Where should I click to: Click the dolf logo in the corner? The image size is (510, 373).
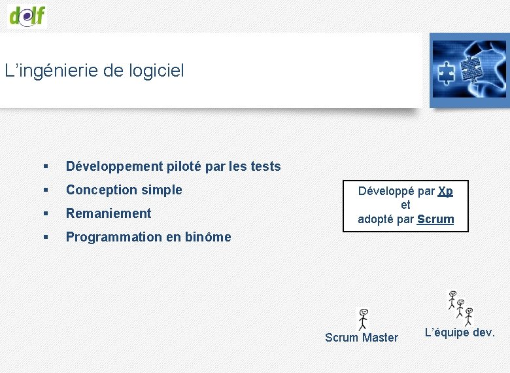click(27, 14)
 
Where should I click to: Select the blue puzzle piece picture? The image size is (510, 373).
click(469, 69)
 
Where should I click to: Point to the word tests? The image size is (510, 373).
click(265, 166)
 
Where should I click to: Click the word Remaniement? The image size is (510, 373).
click(109, 213)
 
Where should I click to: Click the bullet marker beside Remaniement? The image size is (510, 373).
click(45, 213)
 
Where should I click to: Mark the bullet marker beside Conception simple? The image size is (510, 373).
click(45, 190)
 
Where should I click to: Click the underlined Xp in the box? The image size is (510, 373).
click(445, 191)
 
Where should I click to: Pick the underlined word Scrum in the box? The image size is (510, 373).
click(435, 219)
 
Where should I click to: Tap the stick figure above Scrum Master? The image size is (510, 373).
click(363, 319)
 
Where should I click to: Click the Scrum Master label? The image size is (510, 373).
click(362, 338)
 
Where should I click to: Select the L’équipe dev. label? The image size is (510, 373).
click(460, 332)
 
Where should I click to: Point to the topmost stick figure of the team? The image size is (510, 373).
click(452, 300)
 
